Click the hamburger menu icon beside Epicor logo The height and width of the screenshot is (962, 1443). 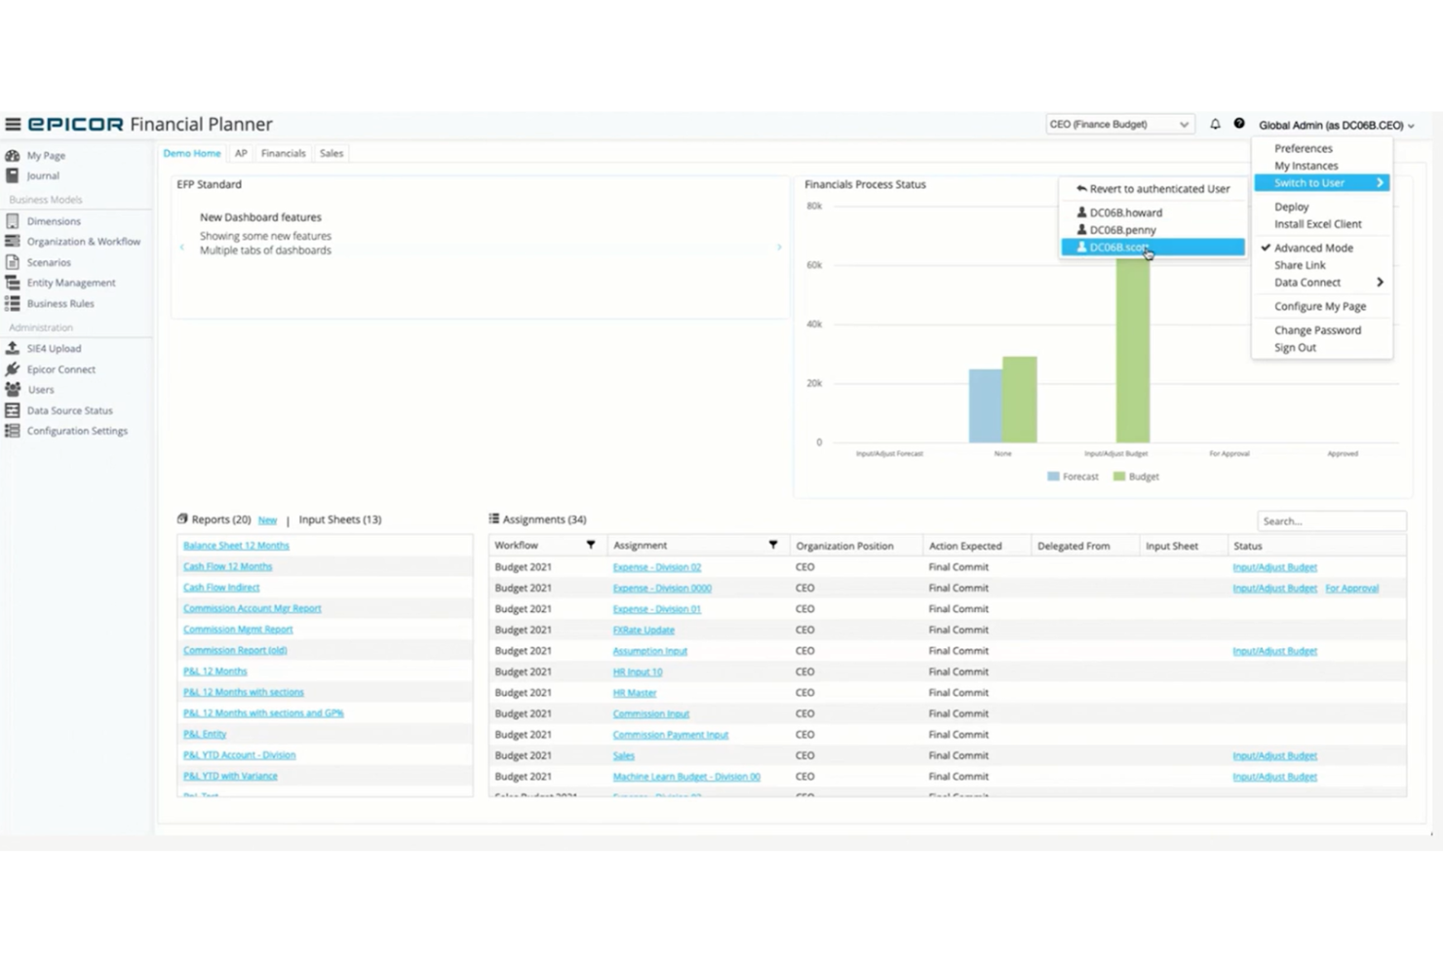coord(13,125)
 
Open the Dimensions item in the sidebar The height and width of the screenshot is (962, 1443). coord(54,221)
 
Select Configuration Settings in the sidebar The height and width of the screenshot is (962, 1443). coord(76,431)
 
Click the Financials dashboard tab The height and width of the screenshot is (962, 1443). coord(283,153)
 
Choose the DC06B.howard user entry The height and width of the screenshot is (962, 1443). coord(1125,212)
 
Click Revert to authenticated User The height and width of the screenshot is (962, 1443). coord(1158,189)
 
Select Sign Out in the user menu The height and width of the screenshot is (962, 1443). coord(1295,348)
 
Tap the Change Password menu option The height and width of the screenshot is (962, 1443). coord(1317,330)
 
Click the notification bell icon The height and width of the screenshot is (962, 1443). coord(1215,125)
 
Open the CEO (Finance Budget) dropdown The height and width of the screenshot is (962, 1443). coord(1118,125)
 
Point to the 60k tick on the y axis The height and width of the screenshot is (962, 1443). coord(814,265)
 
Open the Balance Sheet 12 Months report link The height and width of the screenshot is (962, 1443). coord(236,546)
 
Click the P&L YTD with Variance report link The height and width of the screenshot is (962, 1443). coord(230,777)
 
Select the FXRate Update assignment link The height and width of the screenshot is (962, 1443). coord(643,631)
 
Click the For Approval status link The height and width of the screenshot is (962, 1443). coord(1351,589)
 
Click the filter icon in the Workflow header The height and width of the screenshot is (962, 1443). coord(590,546)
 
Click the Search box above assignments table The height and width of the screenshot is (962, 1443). coord(1331,521)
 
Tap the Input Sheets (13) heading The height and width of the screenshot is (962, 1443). coord(339,519)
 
